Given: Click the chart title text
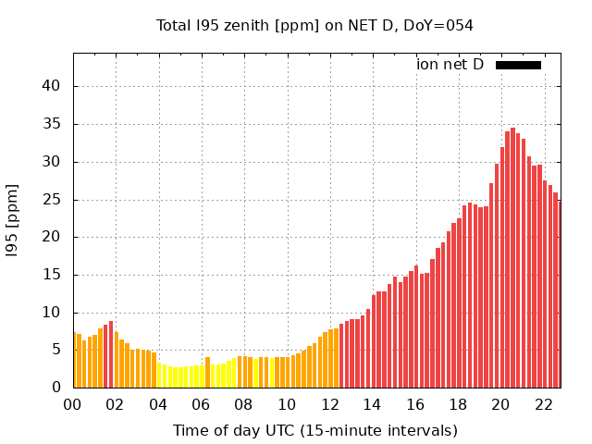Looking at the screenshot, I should click(x=314, y=26).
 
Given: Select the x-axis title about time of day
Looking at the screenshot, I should click(x=314, y=430).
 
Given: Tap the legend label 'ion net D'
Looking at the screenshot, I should click(x=450, y=65).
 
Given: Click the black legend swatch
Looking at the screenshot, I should click(x=518, y=65).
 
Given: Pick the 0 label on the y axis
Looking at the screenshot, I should click(x=56, y=388).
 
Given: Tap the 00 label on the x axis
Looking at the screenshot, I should click(x=73, y=404).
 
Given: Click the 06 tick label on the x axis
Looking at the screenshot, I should click(x=202, y=404).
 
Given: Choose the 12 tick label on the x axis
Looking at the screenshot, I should click(x=329, y=404).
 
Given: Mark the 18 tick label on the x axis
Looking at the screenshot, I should click(x=458, y=404).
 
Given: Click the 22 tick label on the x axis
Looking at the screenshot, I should click(x=543, y=404).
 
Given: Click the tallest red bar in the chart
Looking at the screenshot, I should click(x=512, y=259).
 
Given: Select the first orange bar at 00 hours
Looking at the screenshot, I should click(x=75, y=361).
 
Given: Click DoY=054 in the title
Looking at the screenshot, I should click(x=439, y=26).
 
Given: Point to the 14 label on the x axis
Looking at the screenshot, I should click(x=372, y=404).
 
